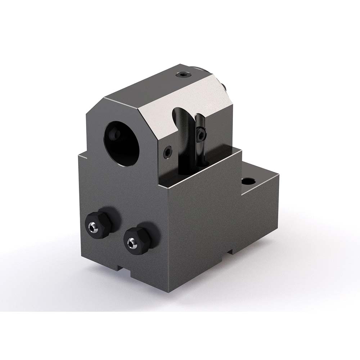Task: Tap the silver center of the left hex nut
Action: pos(93,226)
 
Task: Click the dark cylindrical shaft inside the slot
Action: pos(186,155)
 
